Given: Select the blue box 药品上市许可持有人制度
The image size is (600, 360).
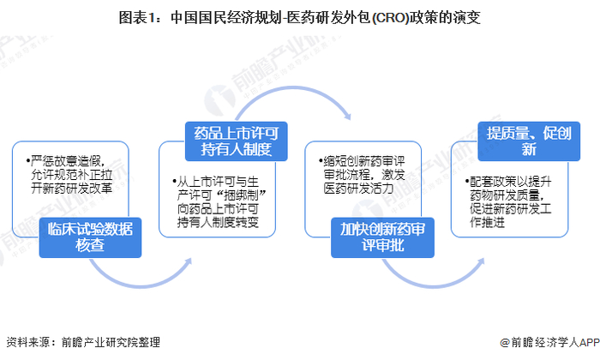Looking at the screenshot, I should (x=235, y=141).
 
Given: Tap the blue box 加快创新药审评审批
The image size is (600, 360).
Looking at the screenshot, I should (x=381, y=235).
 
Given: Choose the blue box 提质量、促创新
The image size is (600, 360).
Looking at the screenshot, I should (x=524, y=140).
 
